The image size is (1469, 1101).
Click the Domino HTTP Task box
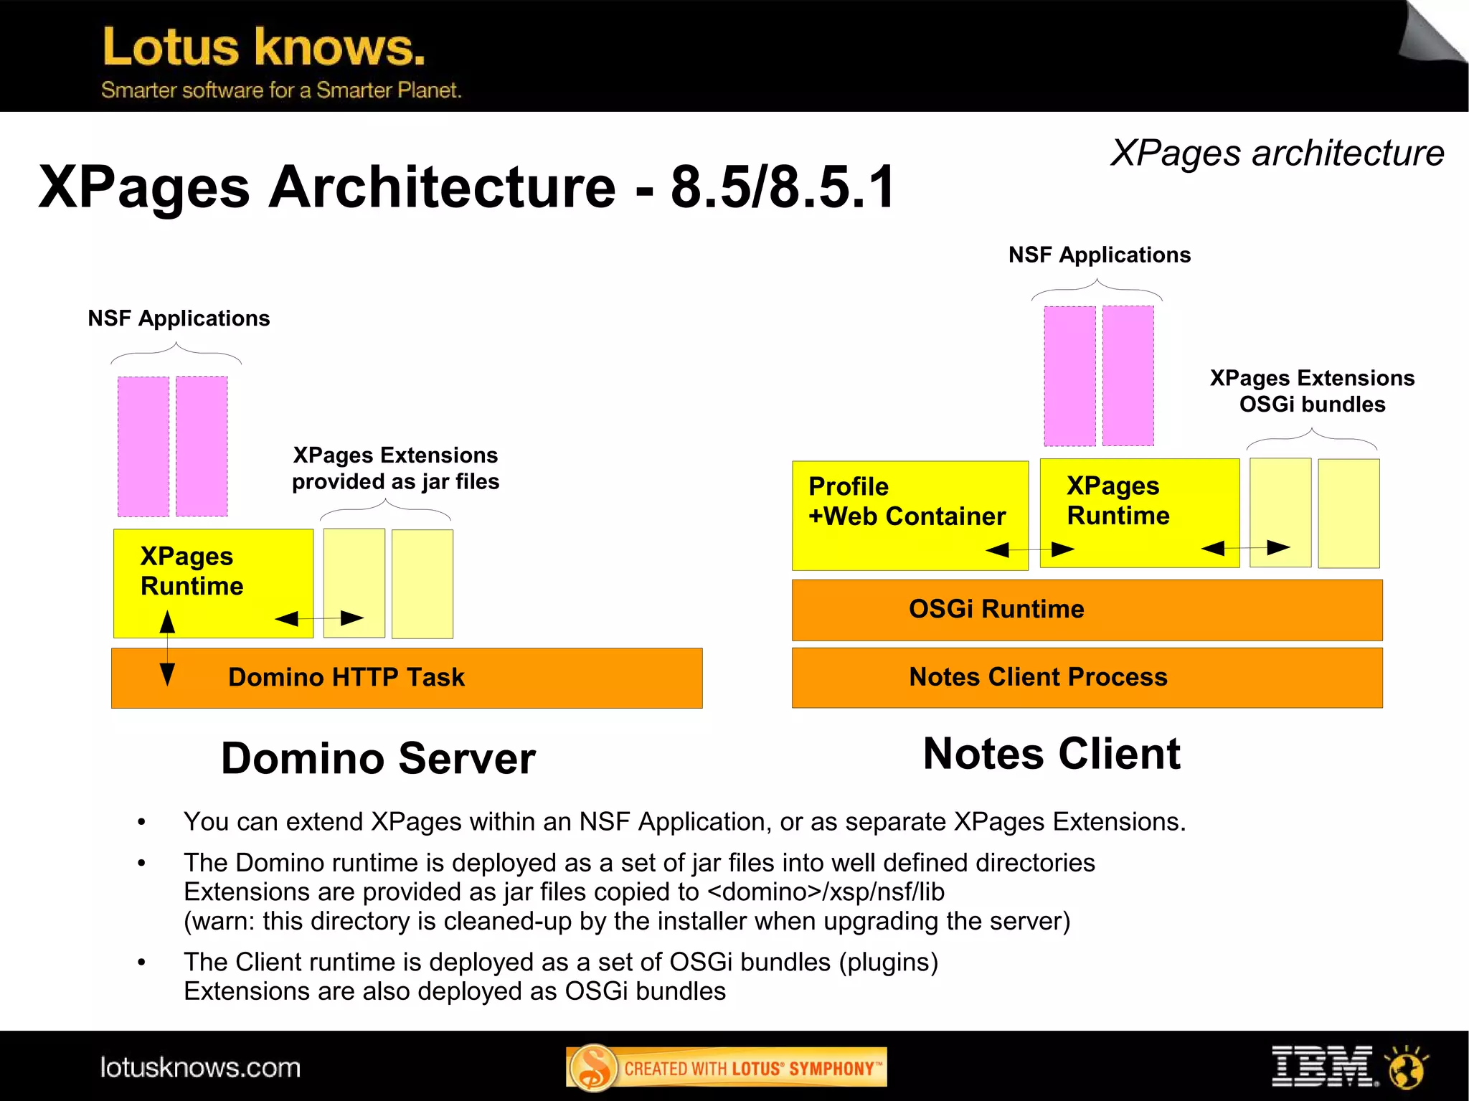pos(407,678)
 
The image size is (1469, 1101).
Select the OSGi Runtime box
pos(1087,610)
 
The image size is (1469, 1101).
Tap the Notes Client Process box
pos(1087,678)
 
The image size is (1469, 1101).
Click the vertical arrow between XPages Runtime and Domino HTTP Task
pos(167,648)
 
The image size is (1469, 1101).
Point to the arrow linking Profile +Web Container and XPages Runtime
pos(1030,550)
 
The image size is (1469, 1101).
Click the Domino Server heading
pos(378,759)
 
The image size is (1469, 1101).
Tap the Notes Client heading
pos(1052,754)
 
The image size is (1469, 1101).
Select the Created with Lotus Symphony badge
pos(726,1067)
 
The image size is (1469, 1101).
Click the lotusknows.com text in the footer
pos(200,1067)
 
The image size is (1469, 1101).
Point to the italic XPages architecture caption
pos(1277,153)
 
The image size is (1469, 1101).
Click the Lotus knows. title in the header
pos(264,47)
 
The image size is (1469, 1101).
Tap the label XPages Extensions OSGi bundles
pos(1312,391)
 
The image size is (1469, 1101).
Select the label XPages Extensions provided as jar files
pos(395,468)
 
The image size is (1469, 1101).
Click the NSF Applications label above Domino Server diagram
pos(179,318)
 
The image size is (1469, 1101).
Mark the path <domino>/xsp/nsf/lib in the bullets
pos(826,892)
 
